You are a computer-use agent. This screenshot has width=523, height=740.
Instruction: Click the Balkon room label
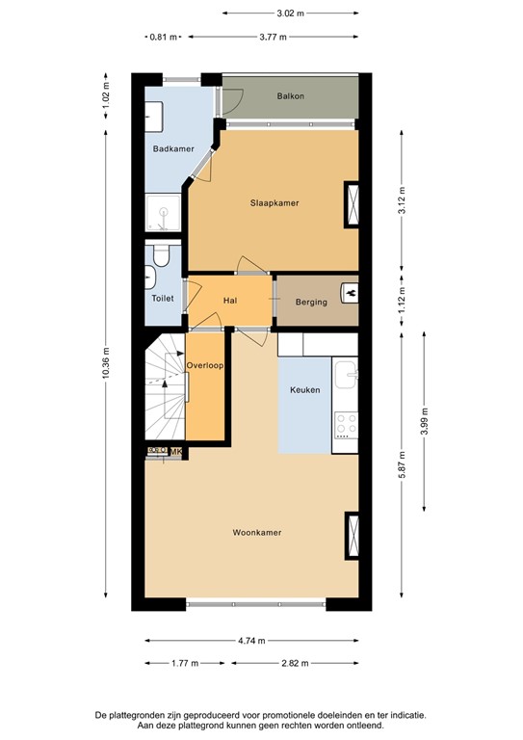coord(290,96)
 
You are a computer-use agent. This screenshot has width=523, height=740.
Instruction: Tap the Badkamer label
coord(167,148)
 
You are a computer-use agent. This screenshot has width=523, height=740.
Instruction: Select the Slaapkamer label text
coord(274,203)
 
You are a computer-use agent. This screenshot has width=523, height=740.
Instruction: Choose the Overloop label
coord(206,365)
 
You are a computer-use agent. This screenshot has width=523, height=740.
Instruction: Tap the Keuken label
coord(305,391)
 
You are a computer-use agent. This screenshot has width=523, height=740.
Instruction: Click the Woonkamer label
coord(256,532)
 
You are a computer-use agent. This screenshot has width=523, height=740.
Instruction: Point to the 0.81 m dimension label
coord(163,38)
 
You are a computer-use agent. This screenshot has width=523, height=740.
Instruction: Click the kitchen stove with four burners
coord(346,423)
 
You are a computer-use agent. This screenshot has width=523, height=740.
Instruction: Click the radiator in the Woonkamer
coord(351,535)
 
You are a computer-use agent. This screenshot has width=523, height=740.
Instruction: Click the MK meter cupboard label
coord(177,450)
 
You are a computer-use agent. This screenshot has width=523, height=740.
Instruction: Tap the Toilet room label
coord(163,298)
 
